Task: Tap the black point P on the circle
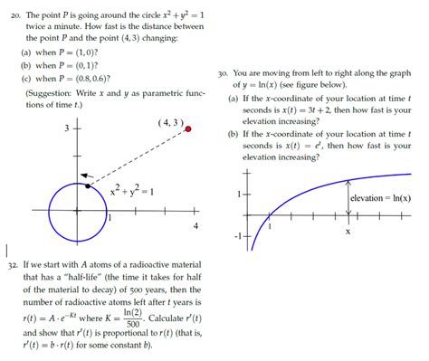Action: (x=87, y=186)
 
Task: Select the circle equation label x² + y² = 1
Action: (x=132, y=191)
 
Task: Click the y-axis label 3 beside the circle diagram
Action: (x=66, y=128)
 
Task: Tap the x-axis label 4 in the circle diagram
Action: (x=195, y=226)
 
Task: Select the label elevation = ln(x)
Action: (x=380, y=198)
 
